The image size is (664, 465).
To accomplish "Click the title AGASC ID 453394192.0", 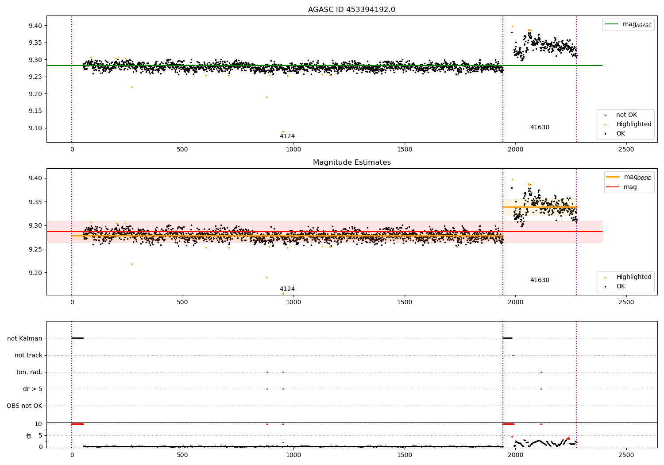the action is (351, 9).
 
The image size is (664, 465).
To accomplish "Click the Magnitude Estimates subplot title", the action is (352, 162).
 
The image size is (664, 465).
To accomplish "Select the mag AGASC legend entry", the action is (628, 24).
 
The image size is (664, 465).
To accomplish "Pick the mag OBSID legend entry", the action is (629, 177).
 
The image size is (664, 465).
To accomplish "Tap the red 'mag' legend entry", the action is (622, 187).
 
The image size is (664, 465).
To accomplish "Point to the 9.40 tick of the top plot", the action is (35, 26).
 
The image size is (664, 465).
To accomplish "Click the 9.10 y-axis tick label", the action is (35, 128).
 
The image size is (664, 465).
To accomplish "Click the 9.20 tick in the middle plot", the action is (35, 273).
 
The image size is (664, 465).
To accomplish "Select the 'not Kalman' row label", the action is (25, 338).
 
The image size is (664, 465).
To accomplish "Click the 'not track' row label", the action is (28, 355).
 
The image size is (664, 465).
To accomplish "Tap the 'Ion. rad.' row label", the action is (29, 372).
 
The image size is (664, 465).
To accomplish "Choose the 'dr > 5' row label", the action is (33, 389).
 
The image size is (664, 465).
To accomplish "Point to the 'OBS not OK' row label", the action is (25, 406).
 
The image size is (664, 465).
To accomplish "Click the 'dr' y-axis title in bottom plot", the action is (28, 436).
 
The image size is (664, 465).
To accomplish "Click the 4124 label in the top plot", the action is (287, 136).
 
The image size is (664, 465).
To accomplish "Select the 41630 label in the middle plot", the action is (540, 280).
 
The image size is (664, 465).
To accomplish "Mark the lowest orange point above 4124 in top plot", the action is (283, 132).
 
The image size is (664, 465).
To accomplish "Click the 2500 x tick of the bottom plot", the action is (626, 455).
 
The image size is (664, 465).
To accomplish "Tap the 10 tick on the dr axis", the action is (38, 424).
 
